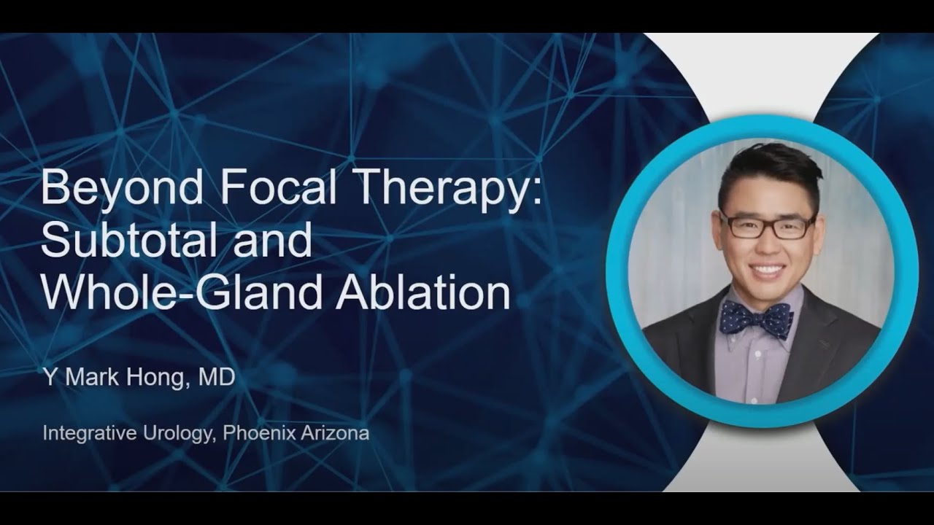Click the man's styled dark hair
point(766,168)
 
